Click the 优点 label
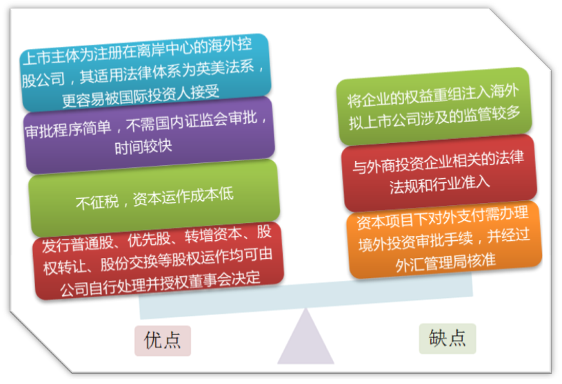coord(162,340)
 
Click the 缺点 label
coord(447,339)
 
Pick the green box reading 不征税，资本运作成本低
coord(153,195)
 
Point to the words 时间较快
coord(143,146)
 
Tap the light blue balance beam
coord(307,296)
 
